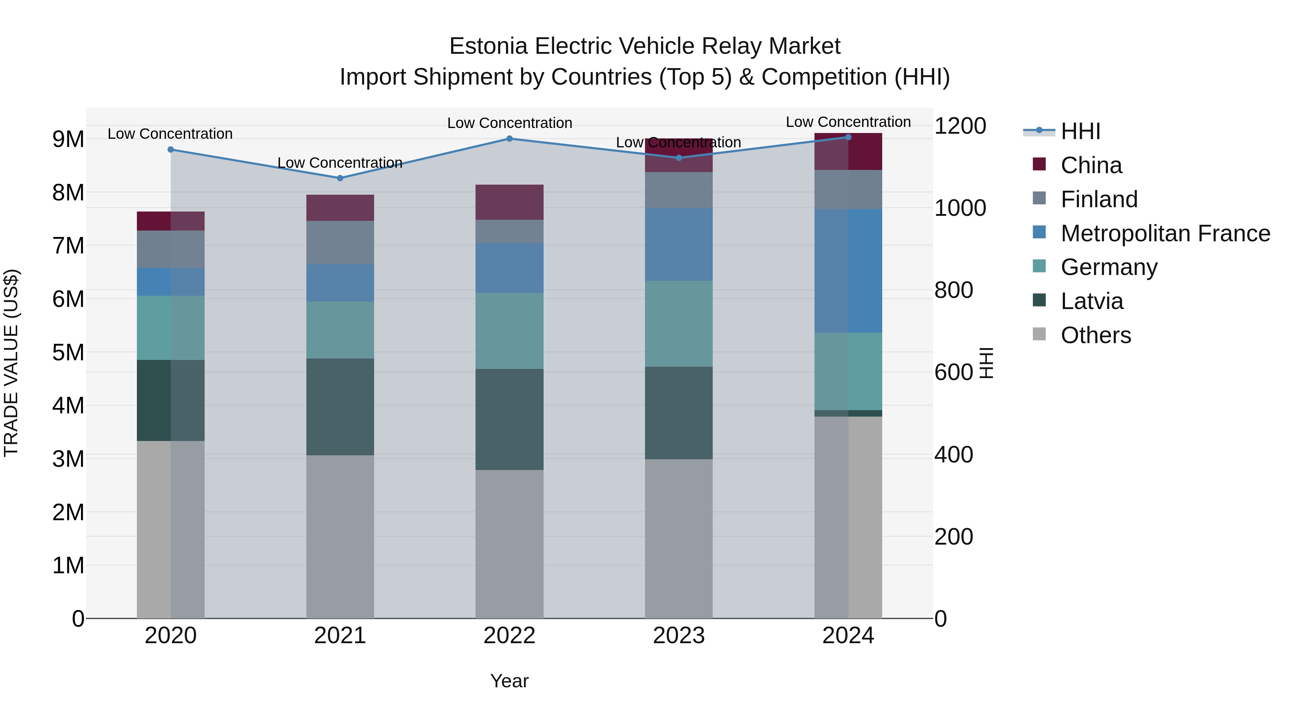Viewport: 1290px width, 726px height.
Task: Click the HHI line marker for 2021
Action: coord(340,178)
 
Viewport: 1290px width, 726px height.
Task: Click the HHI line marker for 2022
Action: coord(509,138)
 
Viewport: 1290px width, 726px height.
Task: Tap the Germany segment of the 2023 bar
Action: coord(679,324)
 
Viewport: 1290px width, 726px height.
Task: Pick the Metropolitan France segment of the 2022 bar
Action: coord(509,268)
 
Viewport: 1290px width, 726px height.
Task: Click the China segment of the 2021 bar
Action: coord(340,208)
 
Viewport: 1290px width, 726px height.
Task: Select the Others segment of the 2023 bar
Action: coord(679,538)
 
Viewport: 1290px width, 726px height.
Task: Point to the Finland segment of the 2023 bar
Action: coord(679,190)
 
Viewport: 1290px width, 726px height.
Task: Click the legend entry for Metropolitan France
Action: coord(1165,233)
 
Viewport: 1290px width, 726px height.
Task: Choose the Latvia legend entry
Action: coord(1092,301)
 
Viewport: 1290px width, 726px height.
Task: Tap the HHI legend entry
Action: coord(1080,131)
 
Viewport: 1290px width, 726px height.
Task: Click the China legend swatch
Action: coord(1039,164)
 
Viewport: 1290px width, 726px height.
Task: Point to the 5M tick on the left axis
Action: coord(68,352)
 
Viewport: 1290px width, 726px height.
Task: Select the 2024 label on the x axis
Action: coord(848,636)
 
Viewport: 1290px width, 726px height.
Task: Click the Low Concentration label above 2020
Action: coord(170,134)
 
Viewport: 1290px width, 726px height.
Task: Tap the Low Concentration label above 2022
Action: coord(509,123)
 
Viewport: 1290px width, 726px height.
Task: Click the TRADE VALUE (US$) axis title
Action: coord(11,363)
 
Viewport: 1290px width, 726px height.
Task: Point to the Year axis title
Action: coord(509,681)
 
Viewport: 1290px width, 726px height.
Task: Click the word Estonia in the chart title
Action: coord(488,46)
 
